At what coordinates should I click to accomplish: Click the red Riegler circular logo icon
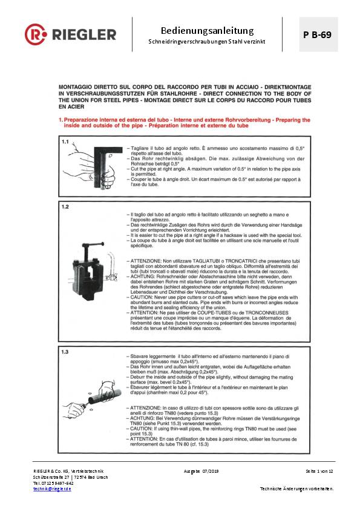click(36, 34)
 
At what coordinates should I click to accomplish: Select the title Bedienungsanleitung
click(207, 30)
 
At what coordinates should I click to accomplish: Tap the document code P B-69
click(317, 34)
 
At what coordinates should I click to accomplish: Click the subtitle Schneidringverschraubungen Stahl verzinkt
click(207, 43)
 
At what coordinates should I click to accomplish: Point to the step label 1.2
click(66, 206)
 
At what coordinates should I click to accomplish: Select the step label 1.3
click(66, 351)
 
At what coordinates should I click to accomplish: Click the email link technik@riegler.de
click(52, 488)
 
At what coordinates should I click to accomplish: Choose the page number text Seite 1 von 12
click(319, 470)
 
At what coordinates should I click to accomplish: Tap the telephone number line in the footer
click(53, 482)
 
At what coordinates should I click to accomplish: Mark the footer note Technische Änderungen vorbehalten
click(296, 488)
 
